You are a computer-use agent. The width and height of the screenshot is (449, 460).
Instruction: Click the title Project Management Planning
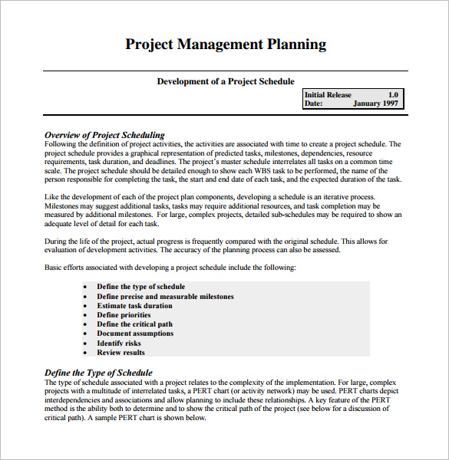[x=225, y=44]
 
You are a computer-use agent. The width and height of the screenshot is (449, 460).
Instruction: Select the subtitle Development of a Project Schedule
[x=226, y=81]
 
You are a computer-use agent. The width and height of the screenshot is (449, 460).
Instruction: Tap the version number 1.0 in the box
[x=392, y=95]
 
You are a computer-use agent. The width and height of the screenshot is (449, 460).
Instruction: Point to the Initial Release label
[x=328, y=95]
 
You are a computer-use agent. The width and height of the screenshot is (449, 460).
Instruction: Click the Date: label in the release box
[x=313, y=103]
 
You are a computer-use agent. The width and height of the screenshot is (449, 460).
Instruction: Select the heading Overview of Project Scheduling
[x=104, y=135]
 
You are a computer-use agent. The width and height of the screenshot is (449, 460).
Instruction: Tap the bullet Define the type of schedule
[x=140, y=287]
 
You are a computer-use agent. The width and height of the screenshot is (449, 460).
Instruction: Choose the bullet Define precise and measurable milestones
[x=165, y=296]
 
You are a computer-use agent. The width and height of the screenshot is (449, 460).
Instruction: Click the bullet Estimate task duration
[x=136, y=306]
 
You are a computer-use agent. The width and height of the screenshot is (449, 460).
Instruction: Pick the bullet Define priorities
[x=124, y=315]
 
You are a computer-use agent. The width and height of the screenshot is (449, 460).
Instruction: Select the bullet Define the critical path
[x=134, y=324]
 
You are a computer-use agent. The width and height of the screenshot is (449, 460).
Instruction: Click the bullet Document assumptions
[x=135, y=333]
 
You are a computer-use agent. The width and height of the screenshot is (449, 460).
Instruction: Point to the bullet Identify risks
[x=119, y=343]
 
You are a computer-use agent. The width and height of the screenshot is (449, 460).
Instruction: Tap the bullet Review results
[x=121, y=353]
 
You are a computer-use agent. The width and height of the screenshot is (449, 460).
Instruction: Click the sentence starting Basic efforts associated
[x=170, y=268]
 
